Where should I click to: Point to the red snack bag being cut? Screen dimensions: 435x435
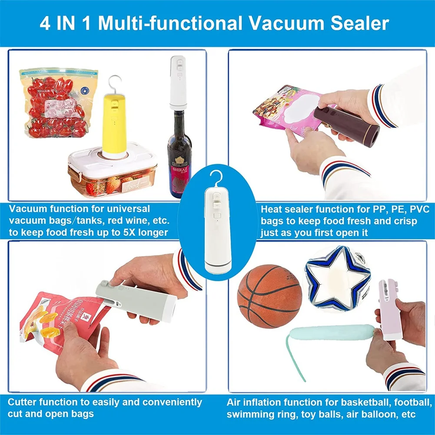(65, 322)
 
